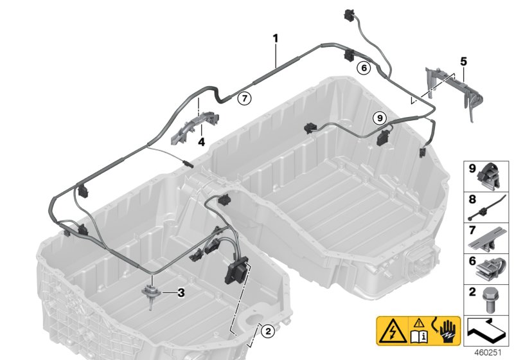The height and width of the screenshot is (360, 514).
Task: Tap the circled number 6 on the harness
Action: click(363, 66)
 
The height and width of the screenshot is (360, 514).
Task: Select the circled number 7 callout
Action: click(243, 98)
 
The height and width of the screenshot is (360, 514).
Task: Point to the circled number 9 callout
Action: click(379, 118)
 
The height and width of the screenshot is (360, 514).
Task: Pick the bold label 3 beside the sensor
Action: click(181, 293)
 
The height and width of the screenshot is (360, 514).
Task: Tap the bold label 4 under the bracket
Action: click(200, 141)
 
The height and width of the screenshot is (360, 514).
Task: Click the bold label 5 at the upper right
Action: click(463, 62)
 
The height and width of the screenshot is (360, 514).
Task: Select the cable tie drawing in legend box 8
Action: click(490, 209)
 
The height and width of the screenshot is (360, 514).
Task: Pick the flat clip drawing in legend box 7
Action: click(490, 239)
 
